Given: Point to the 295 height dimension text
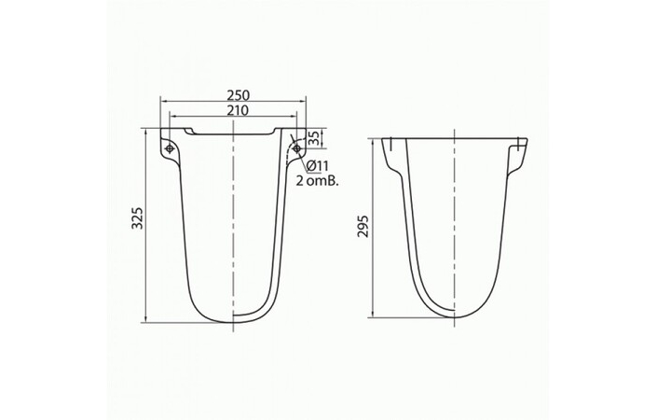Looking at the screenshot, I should [x=363, y=228].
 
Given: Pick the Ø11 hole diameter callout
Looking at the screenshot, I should [x=314, y=166].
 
